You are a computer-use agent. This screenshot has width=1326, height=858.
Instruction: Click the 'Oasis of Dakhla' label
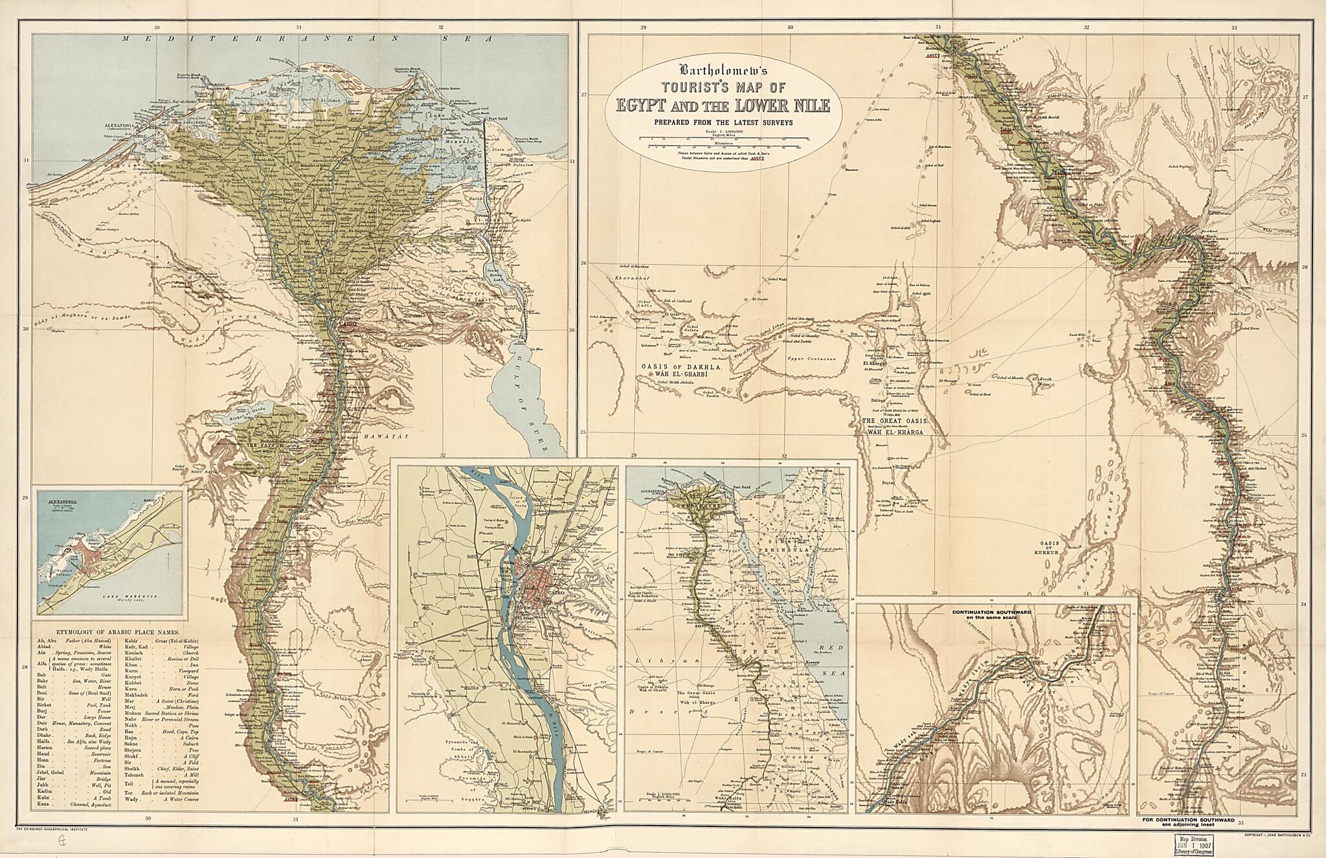coord(671,367)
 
